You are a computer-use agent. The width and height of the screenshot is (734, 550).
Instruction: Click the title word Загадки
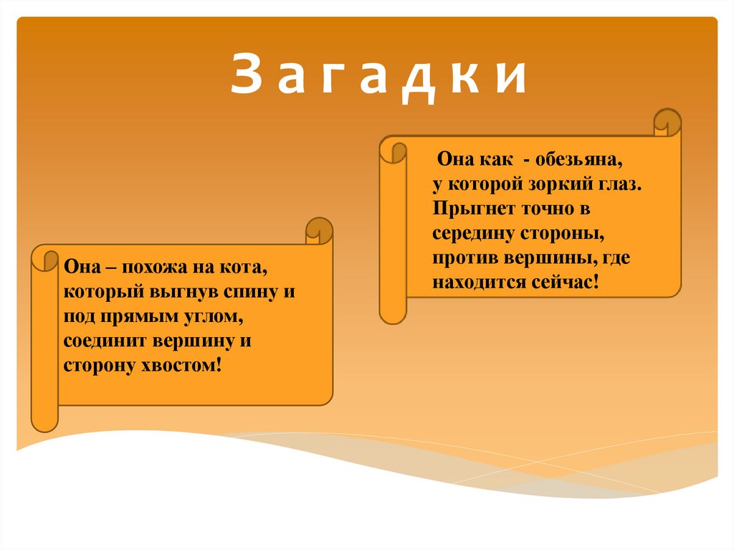pos(379,77)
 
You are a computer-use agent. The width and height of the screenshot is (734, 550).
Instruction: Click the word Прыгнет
pos(465,209)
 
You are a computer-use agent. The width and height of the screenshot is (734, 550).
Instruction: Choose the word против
pos(461,258)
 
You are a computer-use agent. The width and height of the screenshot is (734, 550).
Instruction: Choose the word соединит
pos(100,341)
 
